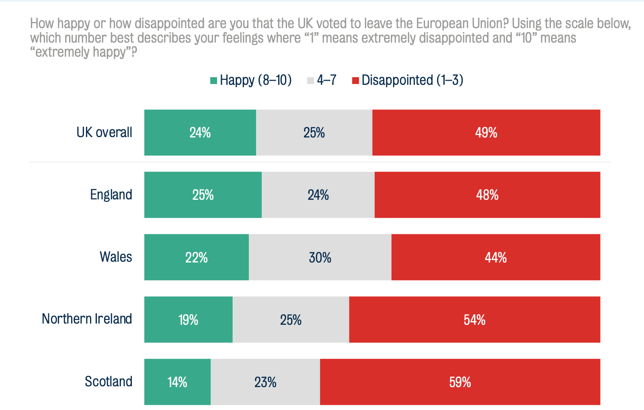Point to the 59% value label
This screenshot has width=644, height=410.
(460, 382)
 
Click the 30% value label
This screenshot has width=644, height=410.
(320, 257)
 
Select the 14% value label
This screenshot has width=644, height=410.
(177, 382)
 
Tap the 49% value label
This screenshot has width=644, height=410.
(486, 133)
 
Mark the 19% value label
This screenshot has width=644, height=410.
(188, 320)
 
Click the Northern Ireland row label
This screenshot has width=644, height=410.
(87, 319)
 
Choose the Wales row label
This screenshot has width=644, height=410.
(116, 256)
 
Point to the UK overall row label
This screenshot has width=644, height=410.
(104, 132)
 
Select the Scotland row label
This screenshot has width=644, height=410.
(109, 381)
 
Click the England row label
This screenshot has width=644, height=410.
(111, 195)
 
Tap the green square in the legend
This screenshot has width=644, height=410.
(214, 80)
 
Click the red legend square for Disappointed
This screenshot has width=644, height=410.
(355, 80)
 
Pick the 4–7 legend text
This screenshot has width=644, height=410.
(326, 80)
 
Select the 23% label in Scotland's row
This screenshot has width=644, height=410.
(265, 382)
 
